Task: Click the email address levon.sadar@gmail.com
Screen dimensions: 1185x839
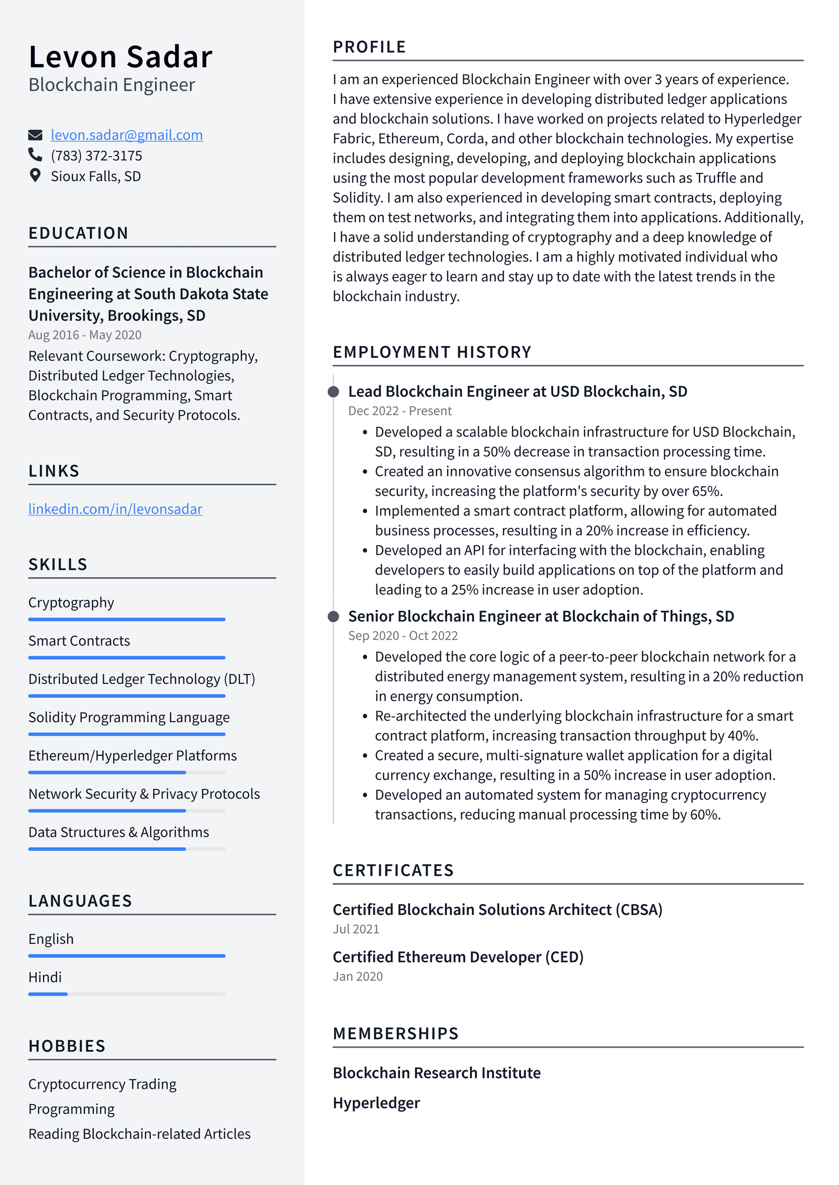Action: [126, 135]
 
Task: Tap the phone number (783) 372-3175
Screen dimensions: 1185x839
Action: [96, 156]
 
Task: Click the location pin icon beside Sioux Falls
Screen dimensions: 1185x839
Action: [35, 176]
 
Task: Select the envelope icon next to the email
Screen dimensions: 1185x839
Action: [35, 135]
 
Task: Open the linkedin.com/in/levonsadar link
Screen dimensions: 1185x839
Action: [115, 509]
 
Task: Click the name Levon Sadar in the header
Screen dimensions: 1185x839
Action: [121, 57]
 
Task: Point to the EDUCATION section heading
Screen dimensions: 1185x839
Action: [78, 233]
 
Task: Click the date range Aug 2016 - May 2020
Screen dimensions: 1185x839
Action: [85, 335]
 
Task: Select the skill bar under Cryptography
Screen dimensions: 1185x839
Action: [126, 619]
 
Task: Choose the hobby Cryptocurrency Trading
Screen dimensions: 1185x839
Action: [102, 1084]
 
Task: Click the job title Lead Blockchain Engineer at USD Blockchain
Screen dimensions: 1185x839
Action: [517, 392]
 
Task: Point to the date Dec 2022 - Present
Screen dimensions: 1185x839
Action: [400, 411]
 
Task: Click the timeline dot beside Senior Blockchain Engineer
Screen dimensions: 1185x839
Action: [333, 616]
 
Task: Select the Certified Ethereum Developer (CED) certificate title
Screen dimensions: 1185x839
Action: [458, 957]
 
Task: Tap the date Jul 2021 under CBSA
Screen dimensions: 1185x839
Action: [356, 929]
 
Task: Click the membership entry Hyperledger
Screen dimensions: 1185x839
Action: [376, 1103]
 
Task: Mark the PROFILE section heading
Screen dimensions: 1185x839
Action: [369, 47]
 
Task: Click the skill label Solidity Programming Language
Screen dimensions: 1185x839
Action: [129, 717]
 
